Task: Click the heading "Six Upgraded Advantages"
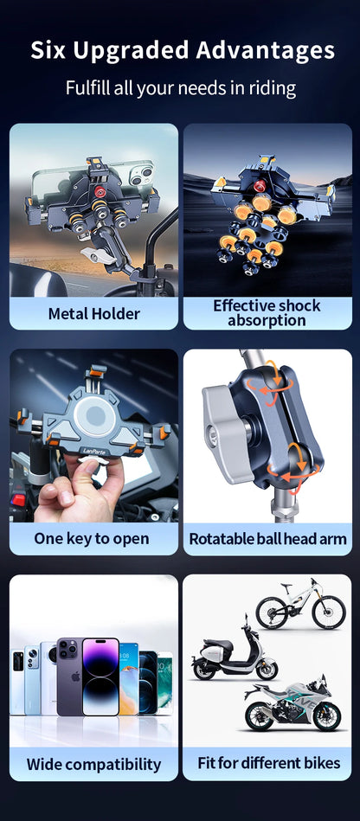coord(180,51)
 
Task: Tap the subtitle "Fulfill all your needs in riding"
coord(180,88)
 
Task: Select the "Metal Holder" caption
coord(93,313)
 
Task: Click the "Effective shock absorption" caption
coord(267,313)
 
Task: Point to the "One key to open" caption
coord(92,538)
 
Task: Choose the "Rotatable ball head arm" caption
coord(267,538)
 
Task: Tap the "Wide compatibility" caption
coord(93,764)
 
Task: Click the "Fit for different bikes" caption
coord(267,763)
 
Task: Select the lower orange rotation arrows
coord(284,459)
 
